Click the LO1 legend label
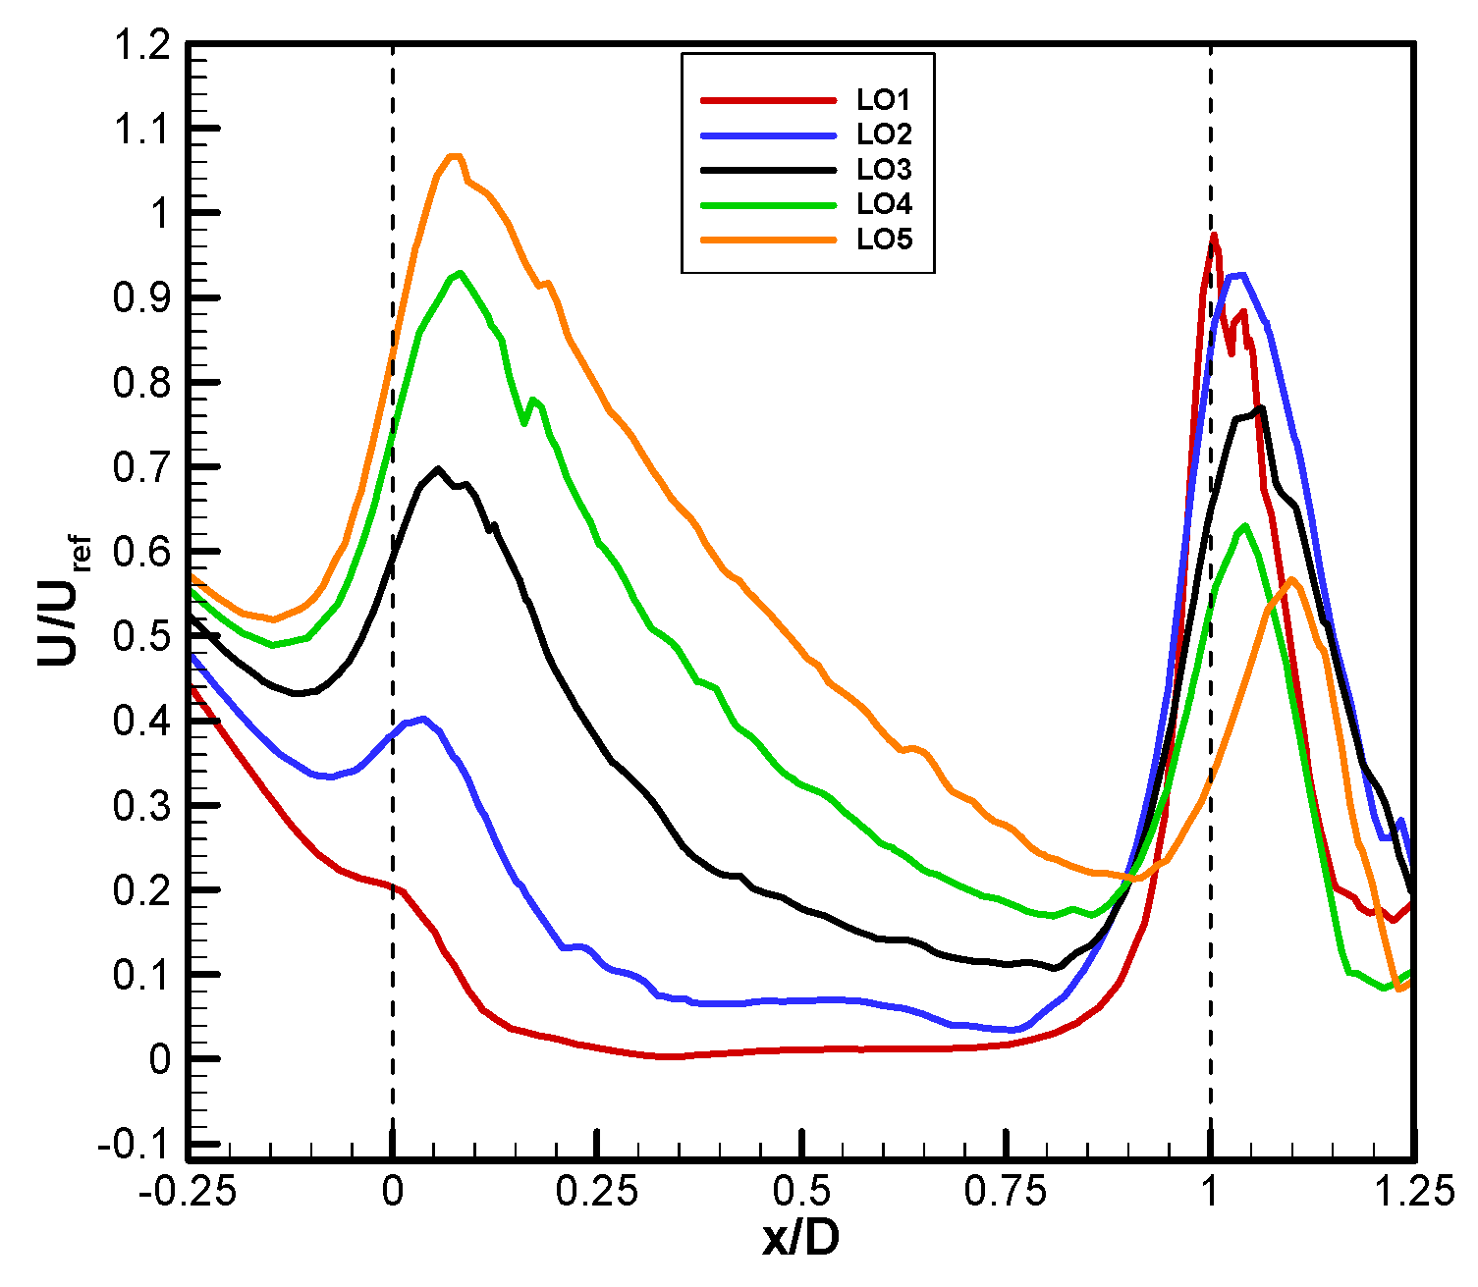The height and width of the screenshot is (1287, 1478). (x=884, y=99)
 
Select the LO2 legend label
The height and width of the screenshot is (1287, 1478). (x=884, y=134)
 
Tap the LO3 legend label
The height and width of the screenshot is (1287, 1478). (x=884, y=170)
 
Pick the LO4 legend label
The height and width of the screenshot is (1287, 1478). (x=884, y=204)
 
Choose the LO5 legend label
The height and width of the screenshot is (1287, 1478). (x=884, y=240)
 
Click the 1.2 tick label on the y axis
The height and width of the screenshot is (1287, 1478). (x=141, y=45)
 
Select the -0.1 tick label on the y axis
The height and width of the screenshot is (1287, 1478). (x=132, y=1145)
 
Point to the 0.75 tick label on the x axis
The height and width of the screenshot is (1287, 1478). (x=1006, y=1192)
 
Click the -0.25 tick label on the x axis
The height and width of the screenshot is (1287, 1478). (x=187, y=1192)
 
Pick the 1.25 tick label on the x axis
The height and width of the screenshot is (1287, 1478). (x=1414, y=1192)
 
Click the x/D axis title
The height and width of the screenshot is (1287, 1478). (x=800, y=1241)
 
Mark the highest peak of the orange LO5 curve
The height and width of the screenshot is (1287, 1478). (x=454, y=155)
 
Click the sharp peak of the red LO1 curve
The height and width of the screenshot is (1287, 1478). (x=1215, y=235)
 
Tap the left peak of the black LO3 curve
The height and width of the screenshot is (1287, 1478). (x=438, y=468)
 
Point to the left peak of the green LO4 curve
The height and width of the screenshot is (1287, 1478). (x=460, y=273)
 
